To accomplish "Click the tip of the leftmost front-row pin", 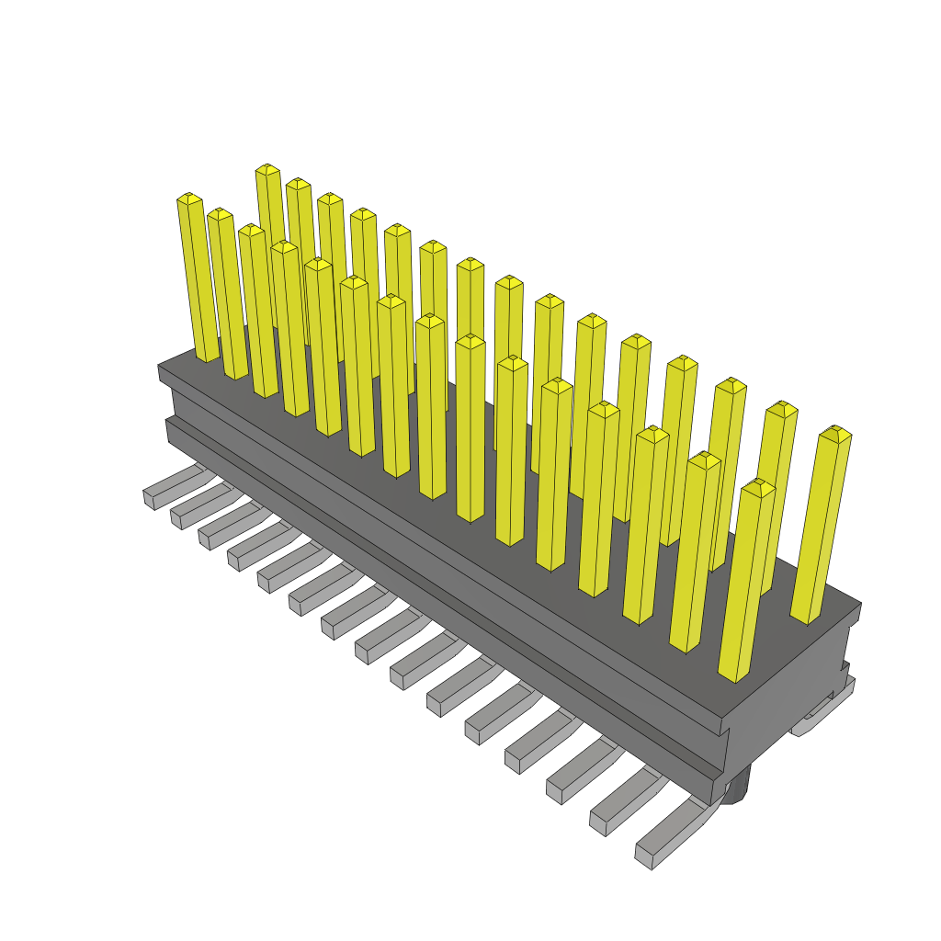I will point(189,198).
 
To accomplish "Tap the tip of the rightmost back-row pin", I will point(835,432).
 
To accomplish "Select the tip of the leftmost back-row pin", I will point(267,169).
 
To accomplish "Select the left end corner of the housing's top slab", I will point(159,369).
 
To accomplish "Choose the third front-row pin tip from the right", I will point(652,434).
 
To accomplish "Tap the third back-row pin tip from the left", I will point(330,198).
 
